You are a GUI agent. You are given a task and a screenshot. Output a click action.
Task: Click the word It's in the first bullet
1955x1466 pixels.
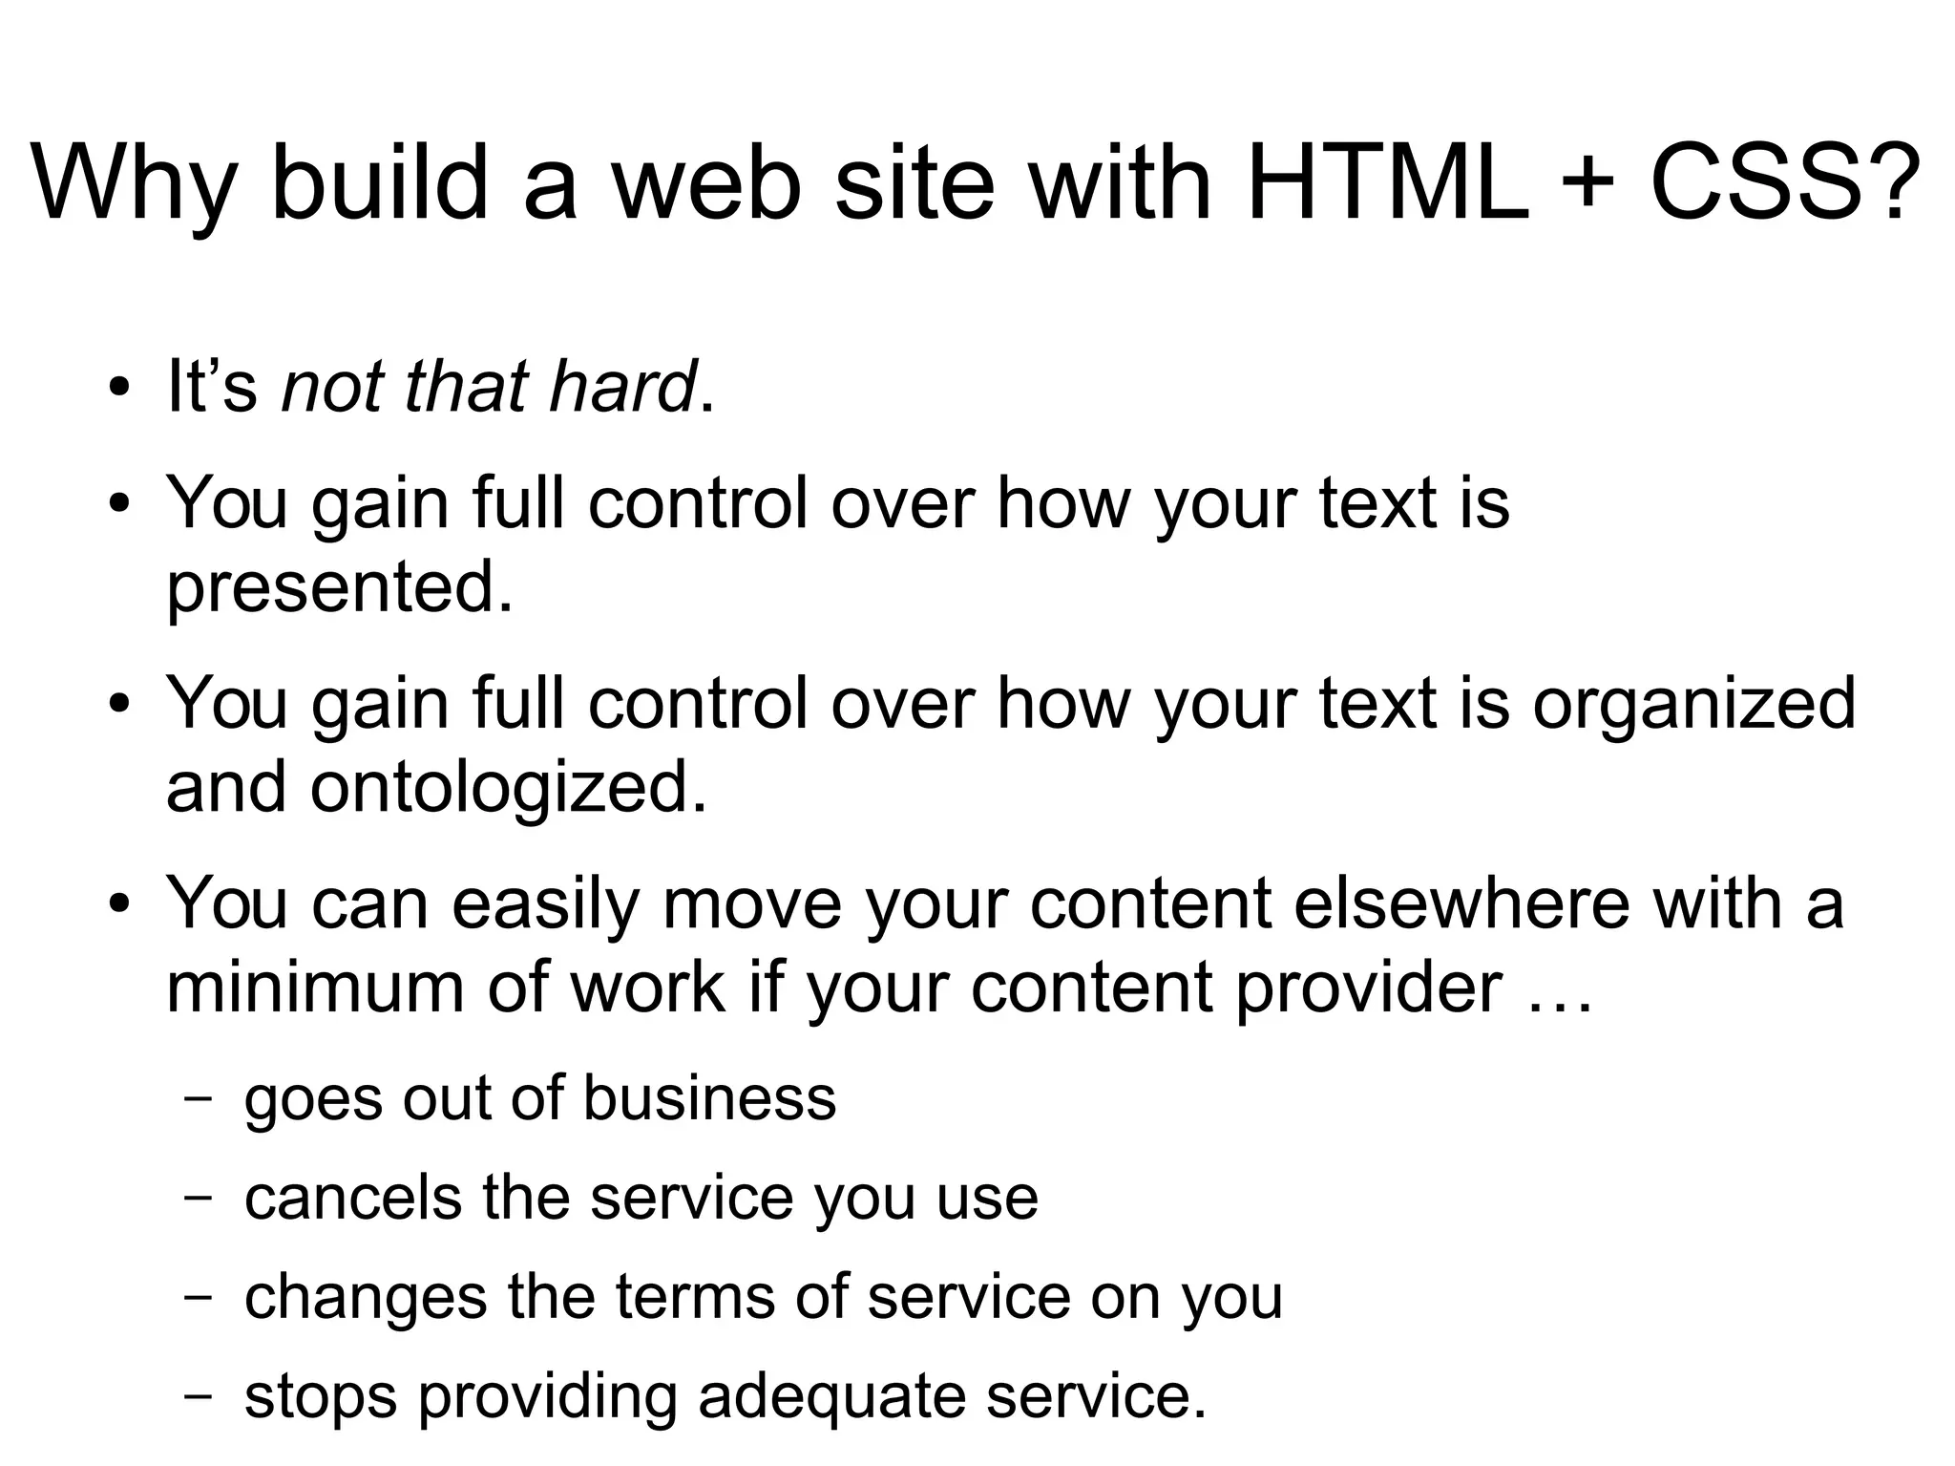(212, 386)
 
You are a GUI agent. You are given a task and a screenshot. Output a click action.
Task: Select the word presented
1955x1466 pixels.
(339, 588)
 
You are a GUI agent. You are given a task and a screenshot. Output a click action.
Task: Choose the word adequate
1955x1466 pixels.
(831, 1396)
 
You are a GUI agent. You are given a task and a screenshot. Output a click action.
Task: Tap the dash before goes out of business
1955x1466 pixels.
(198, 1098)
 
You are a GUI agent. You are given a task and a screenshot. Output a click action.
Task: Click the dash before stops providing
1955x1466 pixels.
(198, 1395)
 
